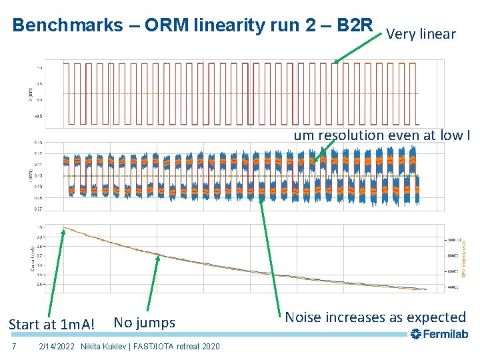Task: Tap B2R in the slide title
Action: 355,25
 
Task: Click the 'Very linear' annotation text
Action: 421,34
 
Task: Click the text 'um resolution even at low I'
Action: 382,135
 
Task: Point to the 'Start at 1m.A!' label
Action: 51,325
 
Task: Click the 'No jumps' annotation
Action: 145,323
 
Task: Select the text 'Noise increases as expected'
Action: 375,317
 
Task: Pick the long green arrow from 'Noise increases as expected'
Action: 267,253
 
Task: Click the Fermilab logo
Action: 439,334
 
